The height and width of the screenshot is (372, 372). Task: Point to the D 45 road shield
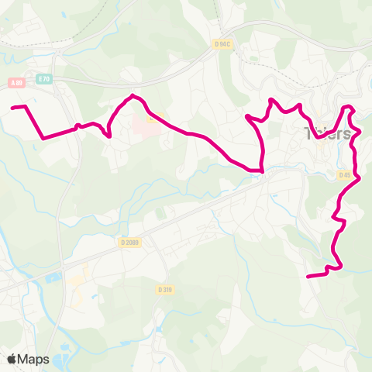[346, 175]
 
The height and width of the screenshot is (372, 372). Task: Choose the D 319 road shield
[164, 289]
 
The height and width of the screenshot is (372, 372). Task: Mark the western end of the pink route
[13, 107]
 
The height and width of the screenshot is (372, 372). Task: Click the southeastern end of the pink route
[308, 275]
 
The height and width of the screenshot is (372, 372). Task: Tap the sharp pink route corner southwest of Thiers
[262, 169]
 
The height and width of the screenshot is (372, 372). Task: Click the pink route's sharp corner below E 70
[43, 138]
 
